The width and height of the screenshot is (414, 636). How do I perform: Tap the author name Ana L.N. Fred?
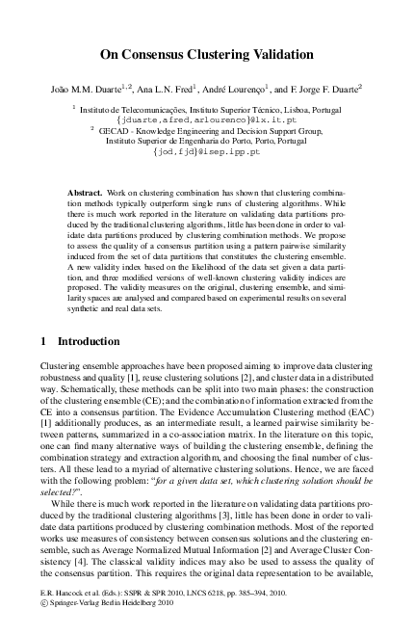coord(162,89)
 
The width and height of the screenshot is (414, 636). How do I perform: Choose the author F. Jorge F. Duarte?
coord(323,89)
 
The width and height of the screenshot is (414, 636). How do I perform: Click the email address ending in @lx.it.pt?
coord(207,119)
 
